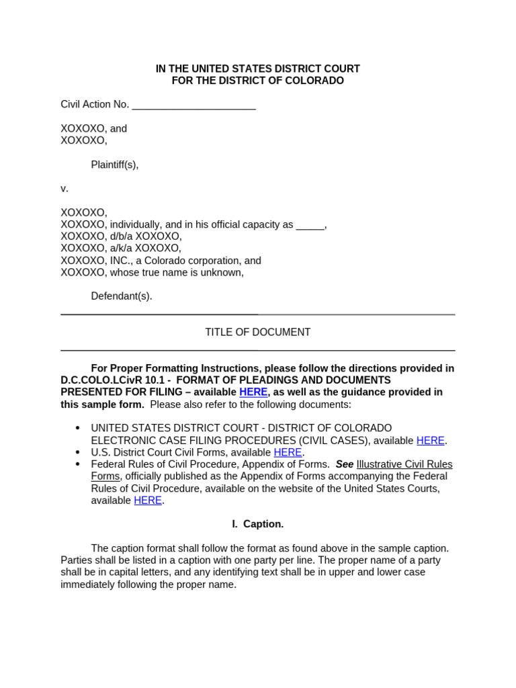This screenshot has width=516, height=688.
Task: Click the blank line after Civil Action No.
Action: [193, 105]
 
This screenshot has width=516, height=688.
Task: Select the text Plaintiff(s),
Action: [115, 165]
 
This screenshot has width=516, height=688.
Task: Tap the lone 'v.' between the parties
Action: [64, 189]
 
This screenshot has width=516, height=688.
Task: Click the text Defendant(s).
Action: [122, 296]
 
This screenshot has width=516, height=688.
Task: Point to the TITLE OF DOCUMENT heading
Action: [257, 332]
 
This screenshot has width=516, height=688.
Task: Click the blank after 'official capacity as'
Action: [310, 225]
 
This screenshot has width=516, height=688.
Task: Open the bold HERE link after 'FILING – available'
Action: [253, 392]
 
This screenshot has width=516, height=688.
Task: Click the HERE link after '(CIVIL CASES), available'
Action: [431, 441]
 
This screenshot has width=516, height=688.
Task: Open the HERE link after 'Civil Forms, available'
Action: [288, 453]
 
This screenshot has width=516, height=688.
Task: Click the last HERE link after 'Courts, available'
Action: [148, 501]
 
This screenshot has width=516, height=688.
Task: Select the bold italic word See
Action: [344, 464]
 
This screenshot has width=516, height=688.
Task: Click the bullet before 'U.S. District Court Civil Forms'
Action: [78, 452]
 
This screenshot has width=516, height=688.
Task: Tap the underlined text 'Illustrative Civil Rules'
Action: [404, 464]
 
